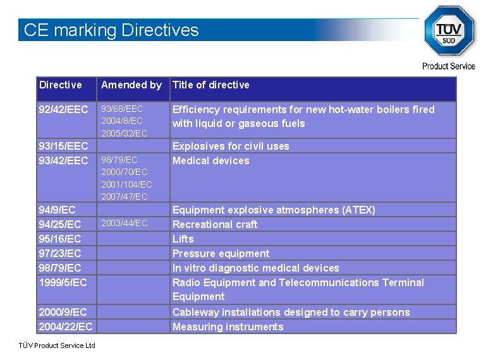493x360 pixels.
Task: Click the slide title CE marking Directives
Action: [111, 30]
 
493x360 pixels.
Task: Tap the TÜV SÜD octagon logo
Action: [449, 30]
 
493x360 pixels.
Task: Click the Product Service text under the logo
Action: [449, 66]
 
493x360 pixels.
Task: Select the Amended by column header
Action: [131, 85]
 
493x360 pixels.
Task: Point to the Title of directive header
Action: [211, 85]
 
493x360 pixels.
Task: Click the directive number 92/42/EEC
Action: [63, 109]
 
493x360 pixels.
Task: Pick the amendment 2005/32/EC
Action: [125, 133]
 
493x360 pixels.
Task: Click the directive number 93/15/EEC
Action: [63, 146]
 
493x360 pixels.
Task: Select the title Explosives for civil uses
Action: [231, 146]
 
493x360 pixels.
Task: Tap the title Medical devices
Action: [211, 160]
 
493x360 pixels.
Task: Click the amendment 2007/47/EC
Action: [125, 196]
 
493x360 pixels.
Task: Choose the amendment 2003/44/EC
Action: [125, 223]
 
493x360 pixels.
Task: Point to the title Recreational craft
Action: [215, 224]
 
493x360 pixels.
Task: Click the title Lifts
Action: [183, 239]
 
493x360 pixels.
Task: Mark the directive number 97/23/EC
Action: [60, 253]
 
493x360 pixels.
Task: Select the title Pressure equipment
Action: [221, 253]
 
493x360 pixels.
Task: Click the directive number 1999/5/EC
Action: [63, 282]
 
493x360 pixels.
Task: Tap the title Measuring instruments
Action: [228, 327]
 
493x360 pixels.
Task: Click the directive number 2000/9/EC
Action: [63, 312]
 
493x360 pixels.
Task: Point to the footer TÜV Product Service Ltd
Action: [57, 345]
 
